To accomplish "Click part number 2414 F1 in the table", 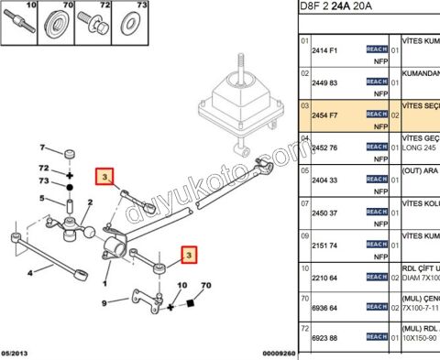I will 326,49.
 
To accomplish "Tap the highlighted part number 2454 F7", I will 326,115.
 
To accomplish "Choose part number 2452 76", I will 326,147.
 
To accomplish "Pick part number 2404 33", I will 326,180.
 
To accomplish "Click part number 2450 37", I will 326,213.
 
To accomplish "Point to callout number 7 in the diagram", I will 40,147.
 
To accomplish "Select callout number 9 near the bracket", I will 104,302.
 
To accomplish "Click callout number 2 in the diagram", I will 90,203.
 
